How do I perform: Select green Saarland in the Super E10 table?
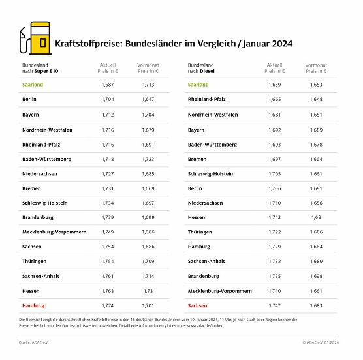34,85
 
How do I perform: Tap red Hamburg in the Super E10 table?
34,305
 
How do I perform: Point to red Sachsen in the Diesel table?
198,305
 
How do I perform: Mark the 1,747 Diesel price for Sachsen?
275,305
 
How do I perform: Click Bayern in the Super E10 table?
31,114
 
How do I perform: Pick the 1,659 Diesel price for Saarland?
275,85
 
